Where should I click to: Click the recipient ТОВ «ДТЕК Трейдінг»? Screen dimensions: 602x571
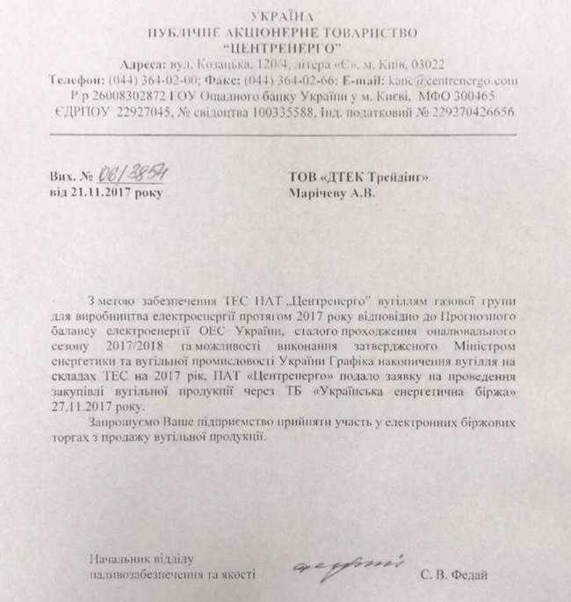pyautogui.click(x=361, y=177)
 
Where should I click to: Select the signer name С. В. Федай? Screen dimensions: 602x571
pyautogui.click(x=450, y=574)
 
